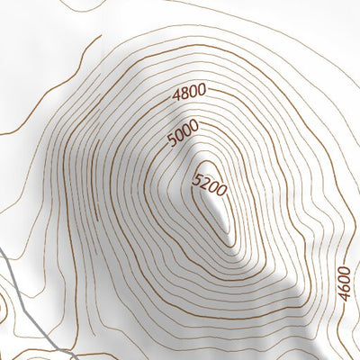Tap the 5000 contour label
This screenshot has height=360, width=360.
[x=184, y=135]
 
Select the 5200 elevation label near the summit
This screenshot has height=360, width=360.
[x=210, y=184]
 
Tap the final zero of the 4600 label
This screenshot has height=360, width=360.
[x=343, y=268]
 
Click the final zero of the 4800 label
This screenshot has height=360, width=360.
[x=202, y=88]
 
